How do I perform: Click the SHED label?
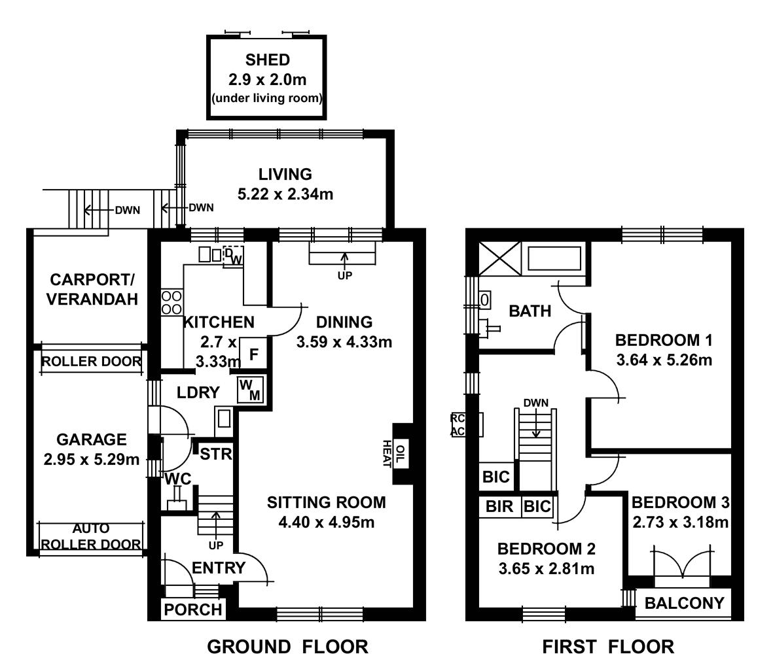267,60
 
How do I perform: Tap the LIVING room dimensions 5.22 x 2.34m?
285,194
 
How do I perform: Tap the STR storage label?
215,454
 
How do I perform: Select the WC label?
177,479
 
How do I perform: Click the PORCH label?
193,609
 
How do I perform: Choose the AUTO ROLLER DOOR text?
91,536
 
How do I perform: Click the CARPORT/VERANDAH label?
94,290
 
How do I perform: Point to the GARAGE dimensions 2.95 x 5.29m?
91,460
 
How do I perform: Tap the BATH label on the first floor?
530,311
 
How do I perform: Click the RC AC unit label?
458,424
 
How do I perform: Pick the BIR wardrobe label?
499,507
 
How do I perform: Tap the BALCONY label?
684,603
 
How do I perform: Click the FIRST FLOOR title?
607,647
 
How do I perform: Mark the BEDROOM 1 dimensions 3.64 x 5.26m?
664,360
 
